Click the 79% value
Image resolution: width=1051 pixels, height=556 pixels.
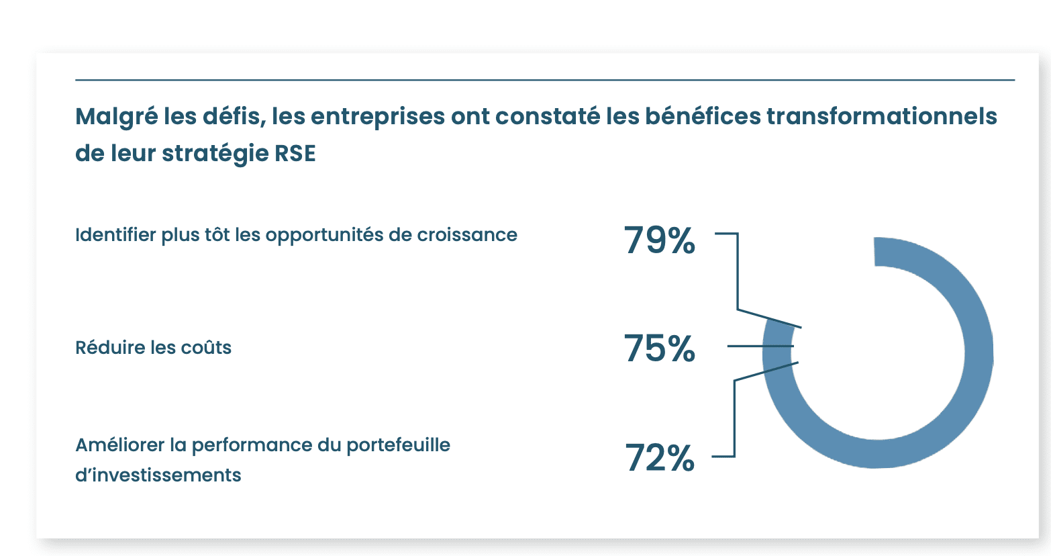(x=659, y=240)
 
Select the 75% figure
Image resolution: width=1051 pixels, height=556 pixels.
(x=659, y=349)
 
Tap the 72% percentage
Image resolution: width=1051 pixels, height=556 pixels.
(x=660, y=458)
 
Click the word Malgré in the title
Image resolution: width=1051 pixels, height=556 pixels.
(x=116, y=117)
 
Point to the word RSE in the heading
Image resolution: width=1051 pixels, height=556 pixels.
(x=295, y=153)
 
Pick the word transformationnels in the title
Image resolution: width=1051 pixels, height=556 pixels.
(x=881, y=116)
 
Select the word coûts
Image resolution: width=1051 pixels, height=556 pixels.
(x=208, y=348)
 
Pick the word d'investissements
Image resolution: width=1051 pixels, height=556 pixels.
(x=158, y=475)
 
